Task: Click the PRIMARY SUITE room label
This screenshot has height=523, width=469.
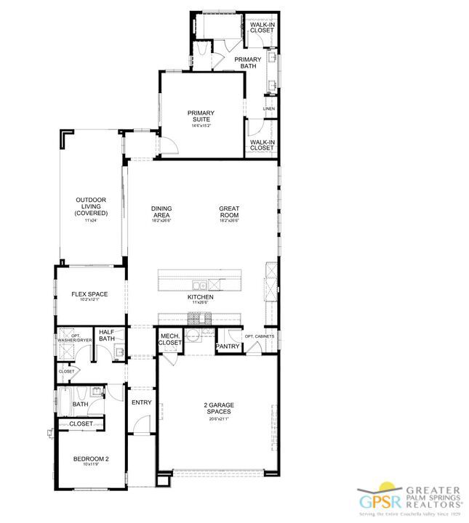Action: point(200,116)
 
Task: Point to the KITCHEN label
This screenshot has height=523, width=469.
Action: point(200,297)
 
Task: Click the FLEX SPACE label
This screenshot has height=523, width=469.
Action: point(89,294)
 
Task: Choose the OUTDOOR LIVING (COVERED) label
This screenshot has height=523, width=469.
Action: point(91,206)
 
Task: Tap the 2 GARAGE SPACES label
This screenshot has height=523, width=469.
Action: point(219,408)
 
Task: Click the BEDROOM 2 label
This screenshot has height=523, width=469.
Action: point(91,458)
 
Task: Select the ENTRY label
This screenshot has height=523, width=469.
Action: point(140,402)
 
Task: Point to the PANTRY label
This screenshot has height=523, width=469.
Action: point(228,346)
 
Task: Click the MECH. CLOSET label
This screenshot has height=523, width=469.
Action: point(170,339)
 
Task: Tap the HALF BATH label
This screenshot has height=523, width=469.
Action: point(107,335)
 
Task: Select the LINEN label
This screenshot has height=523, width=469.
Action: point(269,109)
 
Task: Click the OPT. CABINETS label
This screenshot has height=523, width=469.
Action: point(259,336)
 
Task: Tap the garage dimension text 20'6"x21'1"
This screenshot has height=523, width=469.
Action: point(219,419)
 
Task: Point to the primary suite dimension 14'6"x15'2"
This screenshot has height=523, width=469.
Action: point(200,126)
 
